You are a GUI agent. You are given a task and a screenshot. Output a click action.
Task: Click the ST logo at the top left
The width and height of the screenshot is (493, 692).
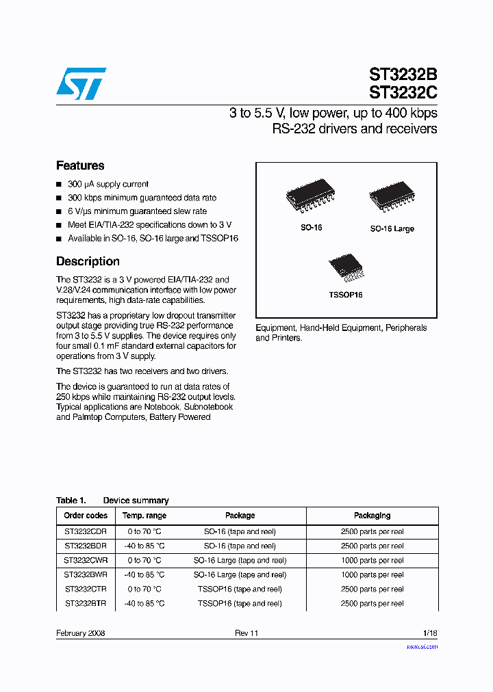[x=81, y=83]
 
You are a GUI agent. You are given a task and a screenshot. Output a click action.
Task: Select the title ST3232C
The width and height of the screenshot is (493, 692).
[x=403, y=92]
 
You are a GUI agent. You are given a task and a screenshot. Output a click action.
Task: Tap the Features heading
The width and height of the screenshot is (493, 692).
[x=80, y=165]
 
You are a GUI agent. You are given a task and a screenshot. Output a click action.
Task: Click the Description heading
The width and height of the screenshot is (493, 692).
[x=88, y=261]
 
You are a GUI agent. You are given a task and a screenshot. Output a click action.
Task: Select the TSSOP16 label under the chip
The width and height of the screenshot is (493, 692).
[x=345, y=295]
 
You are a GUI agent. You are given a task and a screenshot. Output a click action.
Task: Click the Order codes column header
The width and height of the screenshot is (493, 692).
[x=86, y=516]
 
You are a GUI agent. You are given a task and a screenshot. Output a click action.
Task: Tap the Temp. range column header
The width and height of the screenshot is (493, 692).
[x=144, y=516]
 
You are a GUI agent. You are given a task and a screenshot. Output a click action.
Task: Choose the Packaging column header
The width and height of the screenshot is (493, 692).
[x=372, y=516]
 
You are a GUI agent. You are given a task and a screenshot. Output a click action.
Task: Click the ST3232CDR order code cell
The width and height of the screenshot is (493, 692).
[x=86, y=531]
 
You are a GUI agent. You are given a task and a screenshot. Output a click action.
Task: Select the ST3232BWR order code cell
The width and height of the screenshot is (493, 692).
[x=86, y=574]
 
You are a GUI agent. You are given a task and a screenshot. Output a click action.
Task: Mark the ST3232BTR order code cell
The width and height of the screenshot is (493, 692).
[x=86, y=603]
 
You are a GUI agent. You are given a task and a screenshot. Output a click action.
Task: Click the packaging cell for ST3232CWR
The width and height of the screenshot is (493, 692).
[x=372, y=560]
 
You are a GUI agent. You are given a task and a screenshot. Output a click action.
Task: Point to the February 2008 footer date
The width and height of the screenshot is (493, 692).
[x=80, y=633]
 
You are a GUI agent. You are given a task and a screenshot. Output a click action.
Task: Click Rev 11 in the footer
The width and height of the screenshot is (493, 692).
[x=246, y=633]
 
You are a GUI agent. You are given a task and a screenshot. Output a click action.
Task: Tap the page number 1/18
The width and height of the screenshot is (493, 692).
[x=430, y=633]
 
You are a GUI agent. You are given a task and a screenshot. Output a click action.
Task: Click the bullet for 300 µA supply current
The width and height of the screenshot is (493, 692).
[x=59, y=185]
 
